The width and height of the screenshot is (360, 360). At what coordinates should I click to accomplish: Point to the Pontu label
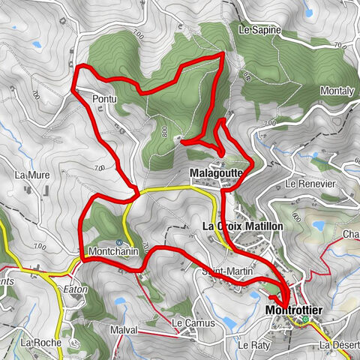point(105,98)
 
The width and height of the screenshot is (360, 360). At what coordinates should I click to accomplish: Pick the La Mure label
point(31,175)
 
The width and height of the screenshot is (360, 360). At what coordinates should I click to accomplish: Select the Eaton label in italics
point(75,289)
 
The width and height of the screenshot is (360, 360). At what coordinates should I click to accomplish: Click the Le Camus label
point(193,323)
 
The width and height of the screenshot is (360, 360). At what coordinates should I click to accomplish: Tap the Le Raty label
point(253,345)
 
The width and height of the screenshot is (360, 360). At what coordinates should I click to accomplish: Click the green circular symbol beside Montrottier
point(305,321)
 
